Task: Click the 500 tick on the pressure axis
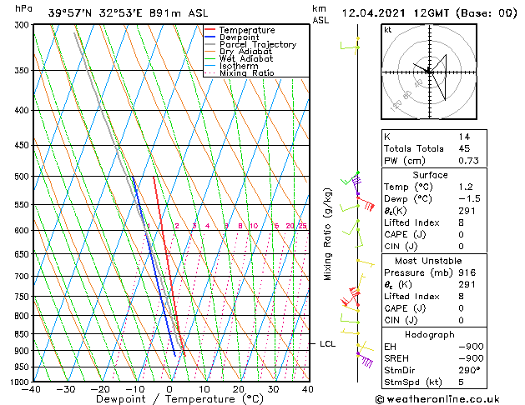[23, 177]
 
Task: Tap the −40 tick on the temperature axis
[33, 389]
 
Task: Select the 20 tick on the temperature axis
[239, 389]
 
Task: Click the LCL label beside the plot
[327, 343]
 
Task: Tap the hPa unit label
[24, 9]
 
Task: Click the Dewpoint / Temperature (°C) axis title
[169, 400]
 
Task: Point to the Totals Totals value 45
[463, 147]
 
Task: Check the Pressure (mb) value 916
[466, 272]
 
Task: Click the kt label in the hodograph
[387, 30]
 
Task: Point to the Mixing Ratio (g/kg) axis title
[328, 234]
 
